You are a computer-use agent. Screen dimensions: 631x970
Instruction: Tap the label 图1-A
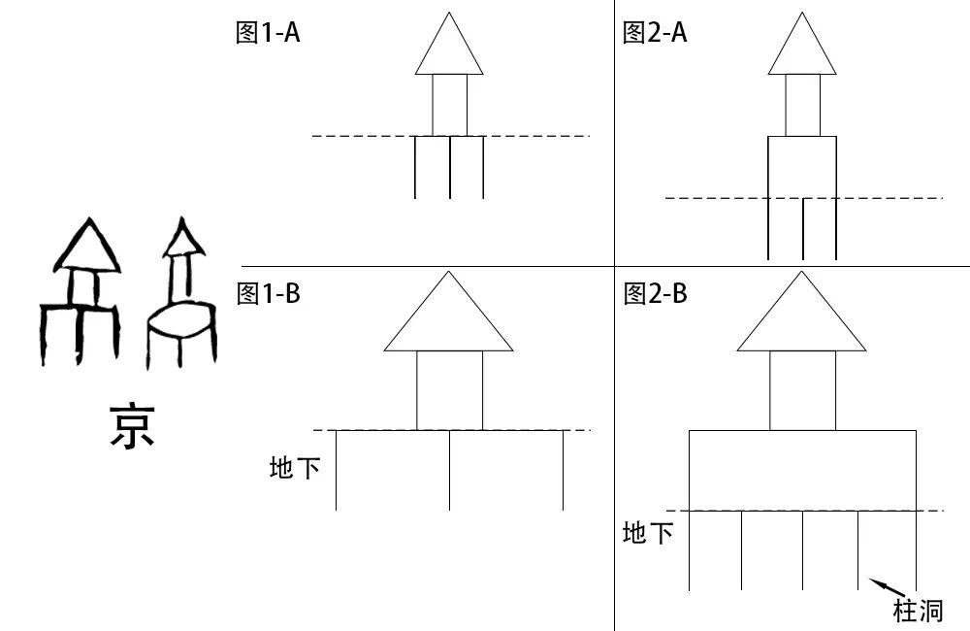[x=268, y=33]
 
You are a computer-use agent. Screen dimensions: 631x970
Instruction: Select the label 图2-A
[x=655, y=33]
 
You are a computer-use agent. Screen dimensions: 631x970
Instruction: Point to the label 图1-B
[x=268, y=293]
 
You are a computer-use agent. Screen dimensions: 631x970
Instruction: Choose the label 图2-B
[x=655, y=293]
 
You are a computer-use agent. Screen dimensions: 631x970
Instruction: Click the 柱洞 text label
[x=917, y=611]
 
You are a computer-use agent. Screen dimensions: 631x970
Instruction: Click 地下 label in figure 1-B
[x=295, y=470]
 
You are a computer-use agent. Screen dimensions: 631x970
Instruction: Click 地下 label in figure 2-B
[x=648, y=533]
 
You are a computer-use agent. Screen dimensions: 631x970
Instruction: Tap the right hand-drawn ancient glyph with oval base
[x=181, y=296]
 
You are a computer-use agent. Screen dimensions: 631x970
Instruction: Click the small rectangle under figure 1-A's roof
[x=449, y=105]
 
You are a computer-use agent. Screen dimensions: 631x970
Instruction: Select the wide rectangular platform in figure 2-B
[x=802, y=469]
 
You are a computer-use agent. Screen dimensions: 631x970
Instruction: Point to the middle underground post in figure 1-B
[x=449, y=470]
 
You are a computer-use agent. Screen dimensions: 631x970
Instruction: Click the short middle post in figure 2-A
[x=803, y=229]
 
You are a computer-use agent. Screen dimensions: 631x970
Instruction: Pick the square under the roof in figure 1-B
[x=449, y=389]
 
